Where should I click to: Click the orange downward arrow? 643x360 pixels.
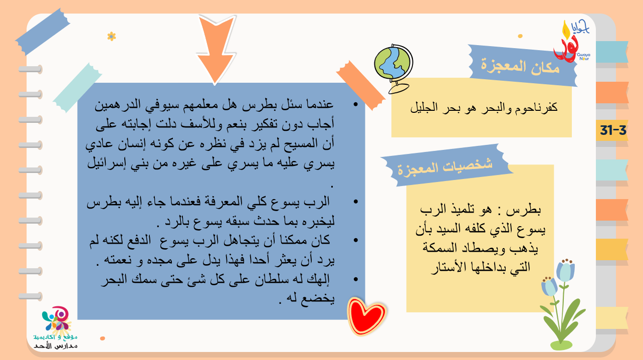pyautogui.click(x=216, y=49)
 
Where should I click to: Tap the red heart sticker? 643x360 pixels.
pyautogui.click(x=366, y=316)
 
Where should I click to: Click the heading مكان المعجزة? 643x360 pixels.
pyautogui.click(x=520, y=67)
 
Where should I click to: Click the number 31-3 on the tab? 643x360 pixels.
pyautogui.click(x=613, y=130)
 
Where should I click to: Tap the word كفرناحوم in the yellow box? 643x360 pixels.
pyautogui.click(x=536, y=107)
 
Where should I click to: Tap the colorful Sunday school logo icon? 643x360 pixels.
pyautogui.click(x=56, y=319)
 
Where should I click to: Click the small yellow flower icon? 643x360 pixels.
pyautogui.click(x=112, y=37)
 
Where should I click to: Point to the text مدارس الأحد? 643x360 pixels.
pyautogui.click(x=56, y=345)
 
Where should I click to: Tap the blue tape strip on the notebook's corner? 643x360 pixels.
pyautogui.click(x=43, y=32)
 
